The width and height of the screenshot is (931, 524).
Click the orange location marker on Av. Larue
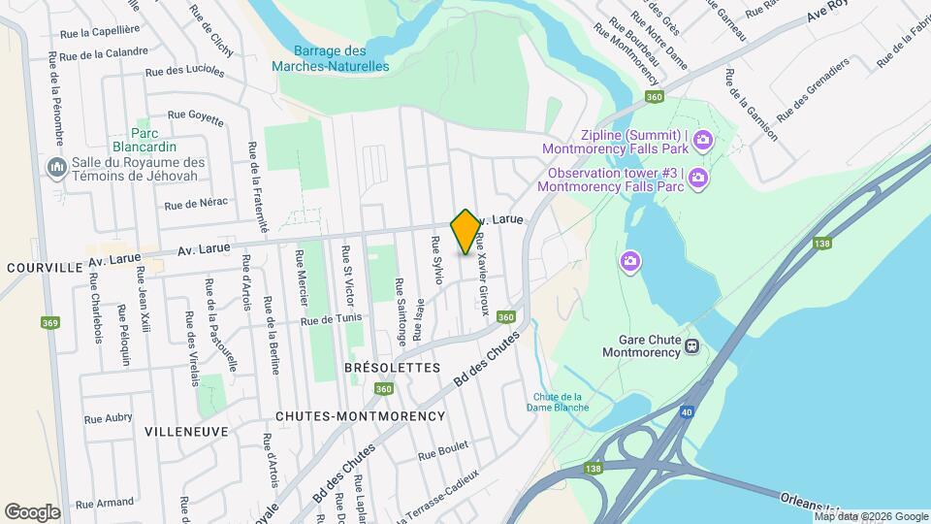465,232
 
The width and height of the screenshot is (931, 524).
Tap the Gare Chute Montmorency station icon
692,346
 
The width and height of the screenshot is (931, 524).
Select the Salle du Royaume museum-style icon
55,169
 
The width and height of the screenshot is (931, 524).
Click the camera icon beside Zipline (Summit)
702,142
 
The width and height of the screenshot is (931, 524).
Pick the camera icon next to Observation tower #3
697,179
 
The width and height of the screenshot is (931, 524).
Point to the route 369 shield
48,322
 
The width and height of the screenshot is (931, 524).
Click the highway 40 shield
688,412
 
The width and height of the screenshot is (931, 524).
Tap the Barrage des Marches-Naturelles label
330,58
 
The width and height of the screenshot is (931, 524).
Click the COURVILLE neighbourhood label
41,266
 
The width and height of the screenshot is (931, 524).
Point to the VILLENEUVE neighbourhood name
186,430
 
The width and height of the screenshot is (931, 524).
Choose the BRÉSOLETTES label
392,368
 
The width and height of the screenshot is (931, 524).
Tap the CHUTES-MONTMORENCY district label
360,415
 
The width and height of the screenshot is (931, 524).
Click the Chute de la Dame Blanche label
561,402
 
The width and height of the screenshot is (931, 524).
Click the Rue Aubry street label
108,418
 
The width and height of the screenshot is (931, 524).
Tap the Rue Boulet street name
442,451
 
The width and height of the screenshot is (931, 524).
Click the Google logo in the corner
32,511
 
